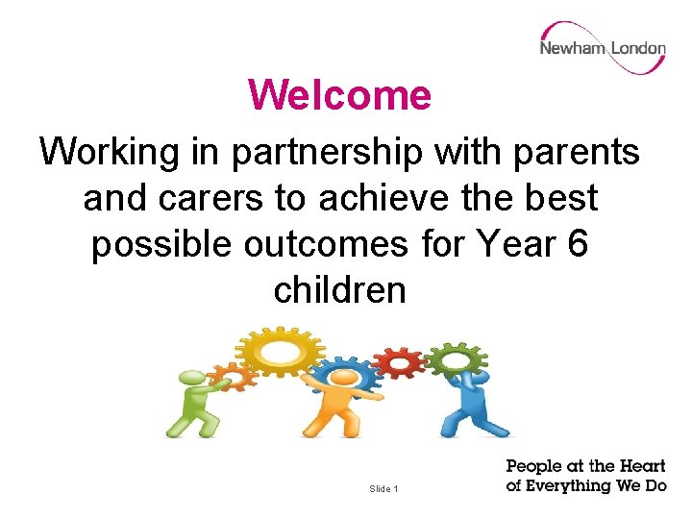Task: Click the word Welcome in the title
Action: click(339, 95)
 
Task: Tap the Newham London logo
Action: click(602, 48)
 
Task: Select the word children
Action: click(339, 289)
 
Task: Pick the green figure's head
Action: click(190, 381)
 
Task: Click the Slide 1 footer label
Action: click(383, 489)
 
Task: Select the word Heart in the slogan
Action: click(641, 467)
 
